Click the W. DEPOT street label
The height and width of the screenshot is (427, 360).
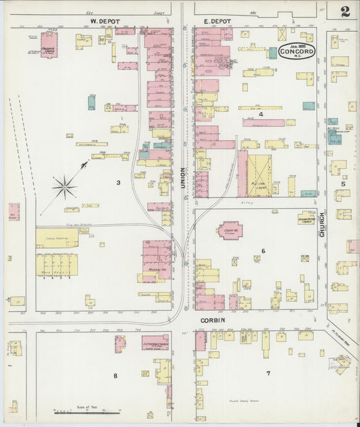tap(105, 22)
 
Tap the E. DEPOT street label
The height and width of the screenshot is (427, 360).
tap(217, 22)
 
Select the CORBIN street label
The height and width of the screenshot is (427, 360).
tap(211, 321)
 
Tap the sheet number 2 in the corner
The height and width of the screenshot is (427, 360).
tap(345, 11)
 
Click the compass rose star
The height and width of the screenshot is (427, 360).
tap(65, 186)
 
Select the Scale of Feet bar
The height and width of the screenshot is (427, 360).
tap(78, 411)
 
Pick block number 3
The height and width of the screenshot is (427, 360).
tap(118, 182)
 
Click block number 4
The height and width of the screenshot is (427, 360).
tap(261, 115)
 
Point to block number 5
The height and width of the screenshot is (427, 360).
tap(343, 184)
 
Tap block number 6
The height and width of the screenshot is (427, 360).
tap(263, 251)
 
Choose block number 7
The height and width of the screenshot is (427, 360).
tap(267, 374)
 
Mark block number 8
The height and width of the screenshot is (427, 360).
tap(115, 376)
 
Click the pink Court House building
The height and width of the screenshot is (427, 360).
tap(230, 230)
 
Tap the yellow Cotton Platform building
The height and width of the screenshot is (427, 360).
tap(57, 237)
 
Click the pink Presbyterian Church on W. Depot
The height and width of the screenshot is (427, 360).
tap(49, 44)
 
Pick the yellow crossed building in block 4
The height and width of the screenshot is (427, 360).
tap(259, 175)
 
